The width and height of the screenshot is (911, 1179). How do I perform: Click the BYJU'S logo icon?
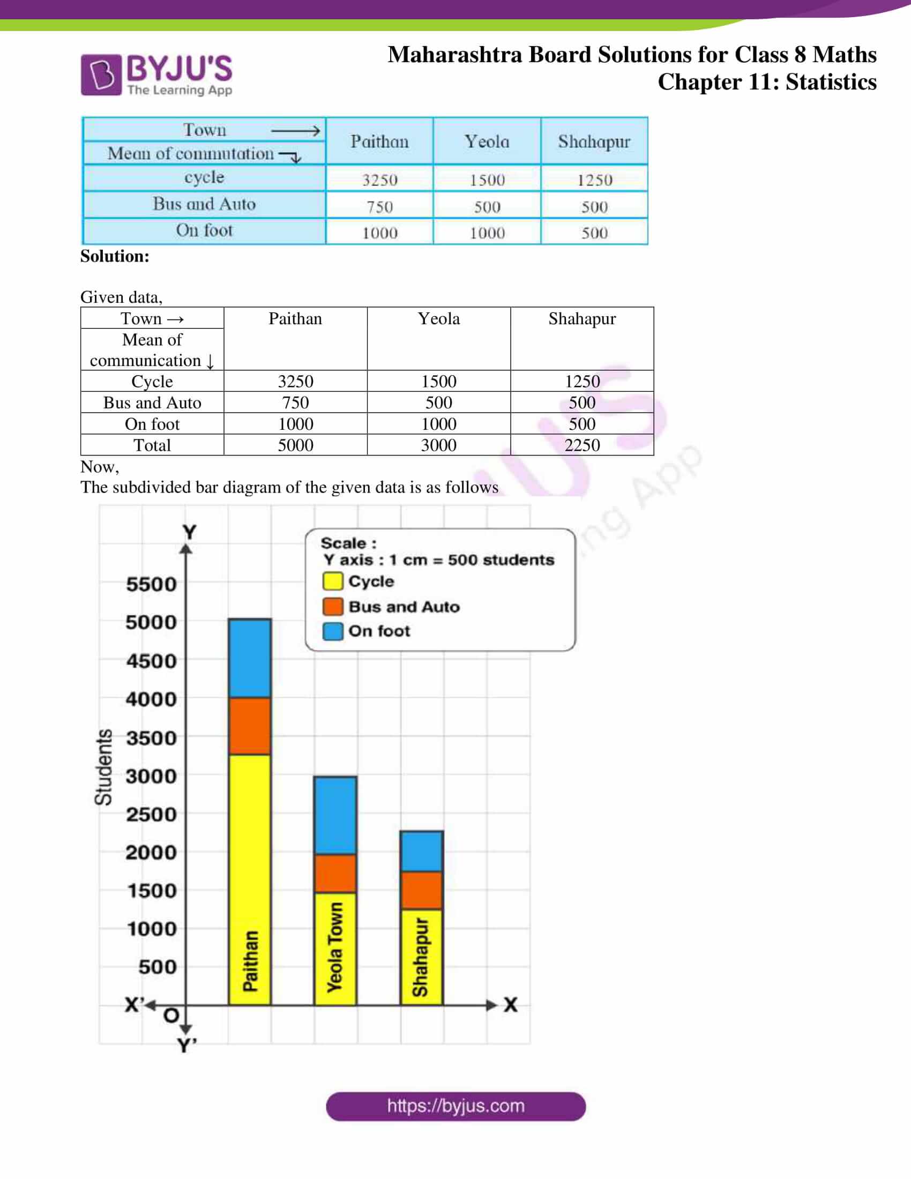101,74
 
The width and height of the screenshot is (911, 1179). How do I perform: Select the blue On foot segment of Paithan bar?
249,658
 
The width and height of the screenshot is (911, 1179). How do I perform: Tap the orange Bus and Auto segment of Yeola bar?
335,873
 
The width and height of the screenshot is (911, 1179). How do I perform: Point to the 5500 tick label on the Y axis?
151,584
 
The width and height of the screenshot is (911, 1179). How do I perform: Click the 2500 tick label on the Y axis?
151,814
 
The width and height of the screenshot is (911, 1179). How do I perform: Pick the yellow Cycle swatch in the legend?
332,581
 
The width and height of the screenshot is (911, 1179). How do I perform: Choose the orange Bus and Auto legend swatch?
332,606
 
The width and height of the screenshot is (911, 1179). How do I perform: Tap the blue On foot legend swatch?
332,631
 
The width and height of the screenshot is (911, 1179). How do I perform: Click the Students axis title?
103,766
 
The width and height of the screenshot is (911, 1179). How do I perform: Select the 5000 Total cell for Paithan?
295,445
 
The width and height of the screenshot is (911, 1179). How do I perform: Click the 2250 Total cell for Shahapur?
582,445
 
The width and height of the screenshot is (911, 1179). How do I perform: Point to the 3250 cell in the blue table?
379,180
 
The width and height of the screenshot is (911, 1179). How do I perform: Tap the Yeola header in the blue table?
487,141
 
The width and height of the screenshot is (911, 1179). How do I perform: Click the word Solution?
115,256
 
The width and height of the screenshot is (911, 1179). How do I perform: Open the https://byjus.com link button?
455,1106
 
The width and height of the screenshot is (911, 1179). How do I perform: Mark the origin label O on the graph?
171,1016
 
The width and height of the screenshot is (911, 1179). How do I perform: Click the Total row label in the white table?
152,445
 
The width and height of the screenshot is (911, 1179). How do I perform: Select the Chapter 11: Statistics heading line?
766,82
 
